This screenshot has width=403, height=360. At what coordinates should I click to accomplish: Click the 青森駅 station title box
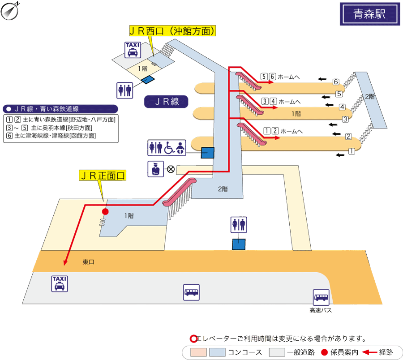369,14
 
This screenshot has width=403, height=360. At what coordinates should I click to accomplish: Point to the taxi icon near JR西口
133,50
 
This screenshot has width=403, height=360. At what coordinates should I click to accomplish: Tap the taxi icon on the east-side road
60,284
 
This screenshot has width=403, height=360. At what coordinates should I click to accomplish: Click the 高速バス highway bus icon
321,297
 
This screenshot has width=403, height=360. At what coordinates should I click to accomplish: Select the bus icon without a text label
192,292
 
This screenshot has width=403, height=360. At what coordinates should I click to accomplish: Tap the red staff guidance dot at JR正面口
106,211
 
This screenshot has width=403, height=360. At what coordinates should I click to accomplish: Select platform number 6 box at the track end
336,82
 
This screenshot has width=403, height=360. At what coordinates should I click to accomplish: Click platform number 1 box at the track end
352,151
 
